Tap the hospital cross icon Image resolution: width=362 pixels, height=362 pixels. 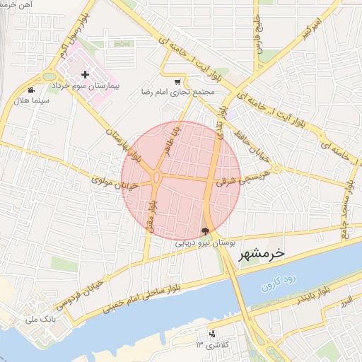tap(86, 74)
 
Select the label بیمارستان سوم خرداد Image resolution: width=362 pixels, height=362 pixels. tap(86, 86)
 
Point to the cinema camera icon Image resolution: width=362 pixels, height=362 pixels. tap(31, 90)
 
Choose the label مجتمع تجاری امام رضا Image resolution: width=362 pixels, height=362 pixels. tap(179, 93)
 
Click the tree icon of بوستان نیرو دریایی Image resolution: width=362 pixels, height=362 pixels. tap(205, 230)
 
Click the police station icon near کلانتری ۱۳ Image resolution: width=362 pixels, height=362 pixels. tap(211, 334)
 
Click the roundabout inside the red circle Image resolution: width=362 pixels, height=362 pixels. tap(156, 177)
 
